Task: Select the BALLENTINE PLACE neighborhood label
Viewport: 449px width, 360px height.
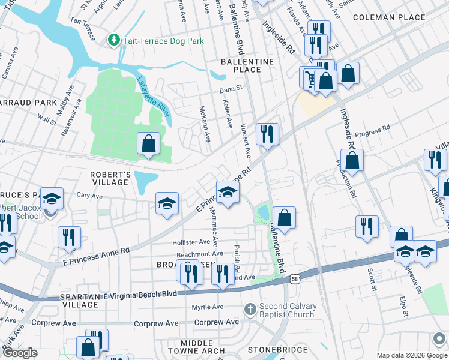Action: point(247,65)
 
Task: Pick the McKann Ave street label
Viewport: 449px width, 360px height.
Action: point(205,124)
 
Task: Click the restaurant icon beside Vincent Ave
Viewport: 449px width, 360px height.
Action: point(267,134)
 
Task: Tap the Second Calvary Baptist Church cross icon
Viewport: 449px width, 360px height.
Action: point(250,309)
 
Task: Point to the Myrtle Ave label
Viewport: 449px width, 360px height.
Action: point(207,307)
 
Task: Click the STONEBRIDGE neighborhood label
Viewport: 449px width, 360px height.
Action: point(278,349)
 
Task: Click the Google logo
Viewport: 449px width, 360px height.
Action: point(20,353)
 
